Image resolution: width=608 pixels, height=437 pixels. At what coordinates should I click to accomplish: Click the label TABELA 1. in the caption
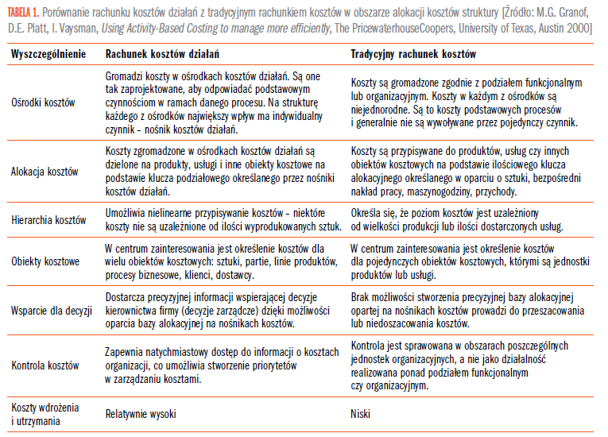[x=25, y=10]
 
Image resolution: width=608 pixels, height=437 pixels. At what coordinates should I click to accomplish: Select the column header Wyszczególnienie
[x=48, y=54]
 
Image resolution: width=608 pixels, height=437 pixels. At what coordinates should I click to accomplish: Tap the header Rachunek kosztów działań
[x=163, y=54]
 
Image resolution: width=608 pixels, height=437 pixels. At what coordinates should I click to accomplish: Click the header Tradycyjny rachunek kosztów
[x=413, y=54]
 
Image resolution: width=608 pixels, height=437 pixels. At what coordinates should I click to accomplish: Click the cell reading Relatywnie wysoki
[x=141, y=414]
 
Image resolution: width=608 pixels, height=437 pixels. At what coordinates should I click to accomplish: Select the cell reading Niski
[x=361, y=414]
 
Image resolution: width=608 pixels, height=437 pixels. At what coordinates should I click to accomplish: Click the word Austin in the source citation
[x=534, y=29]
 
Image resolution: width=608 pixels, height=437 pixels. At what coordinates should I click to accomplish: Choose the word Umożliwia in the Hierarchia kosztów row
[x=126, y=213]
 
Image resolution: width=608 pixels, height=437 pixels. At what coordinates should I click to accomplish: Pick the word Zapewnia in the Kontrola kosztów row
[x=126, y=351]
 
